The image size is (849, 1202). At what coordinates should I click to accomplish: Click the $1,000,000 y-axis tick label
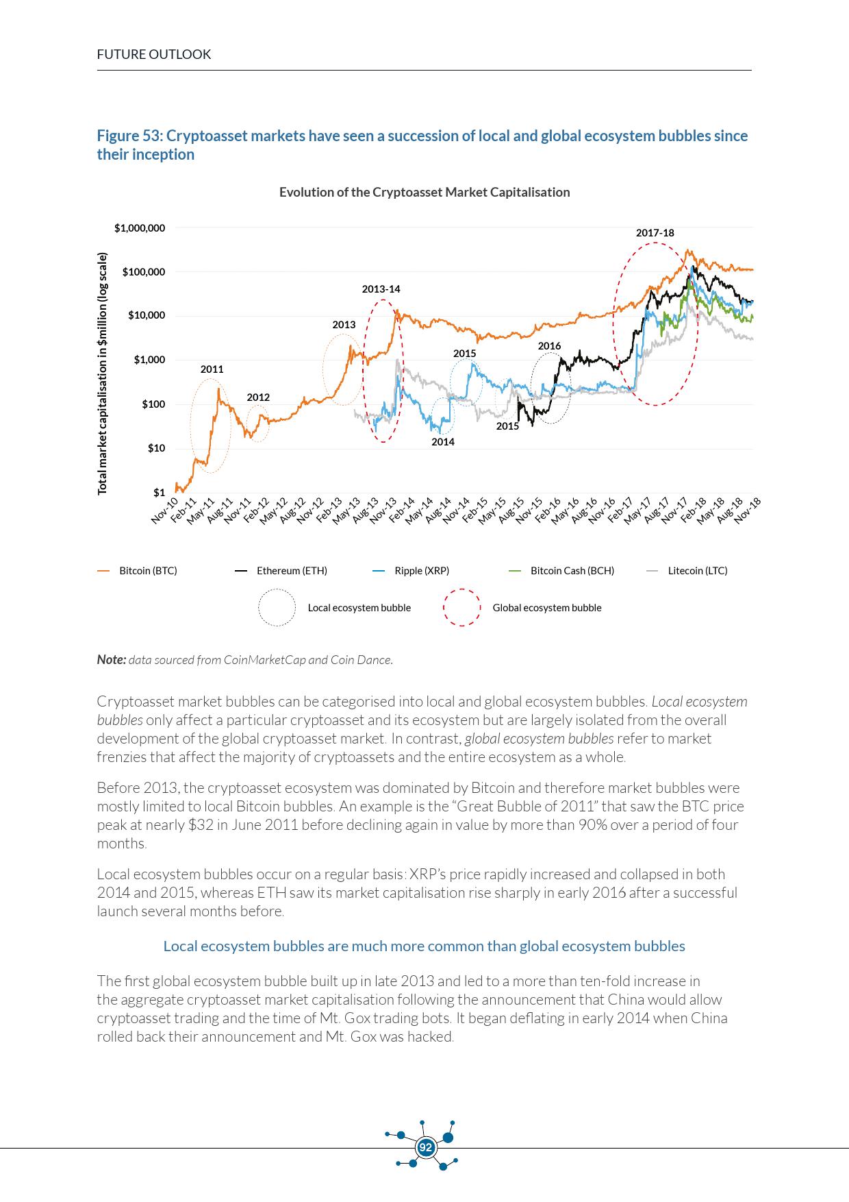(x=140, y=228)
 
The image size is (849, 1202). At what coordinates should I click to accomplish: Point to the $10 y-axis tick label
(x=156, y=449)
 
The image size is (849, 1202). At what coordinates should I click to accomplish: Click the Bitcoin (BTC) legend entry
(x=148, y=571)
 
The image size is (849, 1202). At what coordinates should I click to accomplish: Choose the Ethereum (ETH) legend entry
(x=292, y=571)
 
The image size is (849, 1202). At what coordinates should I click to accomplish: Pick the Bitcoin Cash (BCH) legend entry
(x=572, y=571)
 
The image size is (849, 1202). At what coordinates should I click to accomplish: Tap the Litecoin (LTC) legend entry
(x=697, y=571)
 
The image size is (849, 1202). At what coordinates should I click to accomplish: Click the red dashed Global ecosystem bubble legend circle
(x=461, y=608)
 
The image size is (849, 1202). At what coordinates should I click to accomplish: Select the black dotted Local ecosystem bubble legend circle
(x=277, y=608)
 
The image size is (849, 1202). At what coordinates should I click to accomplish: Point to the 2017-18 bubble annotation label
(x=655, y=233)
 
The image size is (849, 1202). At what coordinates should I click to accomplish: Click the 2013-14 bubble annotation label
(x=381, y=289)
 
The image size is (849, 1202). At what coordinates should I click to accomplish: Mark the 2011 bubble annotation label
(x=212, y=369)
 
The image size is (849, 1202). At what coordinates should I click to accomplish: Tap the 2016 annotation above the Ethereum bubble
(x=549, y=346)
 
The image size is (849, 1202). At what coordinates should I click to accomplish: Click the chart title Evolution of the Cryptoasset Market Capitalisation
(x=424, y=193)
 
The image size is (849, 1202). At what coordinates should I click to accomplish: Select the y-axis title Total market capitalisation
(x=103, y=373)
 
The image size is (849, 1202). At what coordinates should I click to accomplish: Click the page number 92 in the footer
(x=426, y=1147)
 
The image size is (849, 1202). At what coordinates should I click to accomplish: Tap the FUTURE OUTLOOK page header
(x=154, y=55)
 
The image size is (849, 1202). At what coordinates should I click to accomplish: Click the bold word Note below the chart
(x=111, y=660)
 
